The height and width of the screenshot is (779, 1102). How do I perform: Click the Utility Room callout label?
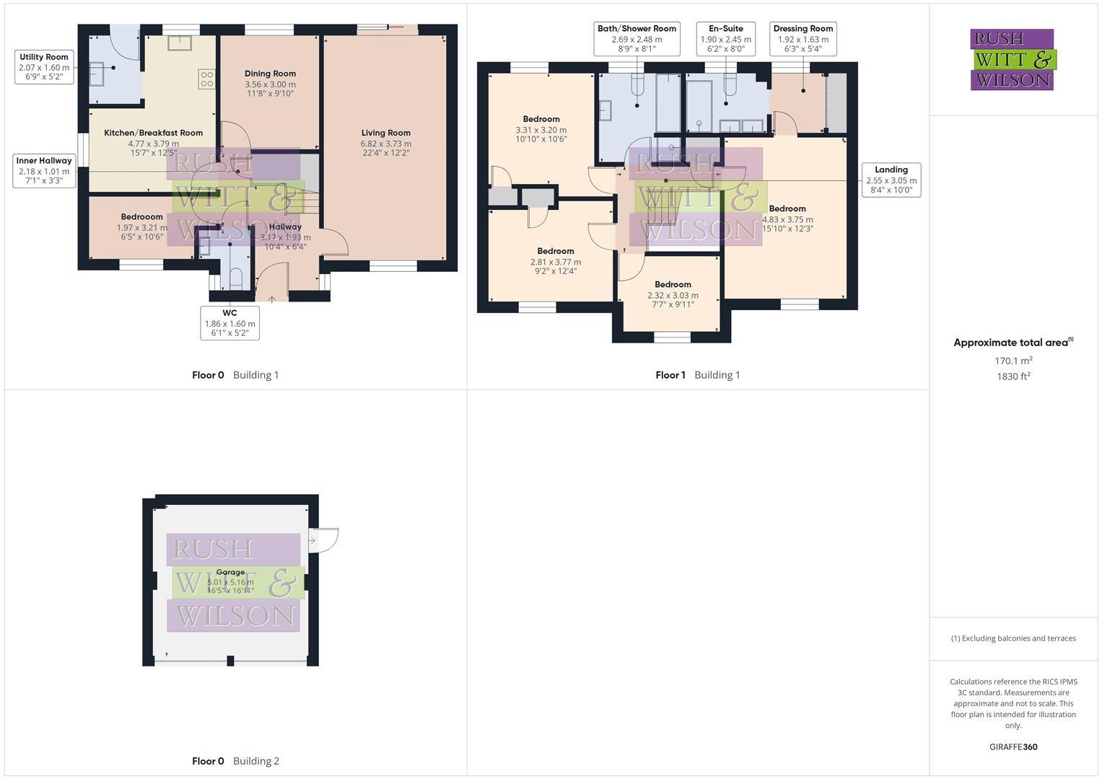[x=44, y=67]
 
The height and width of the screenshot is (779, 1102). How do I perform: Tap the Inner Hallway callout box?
[x=44, y=170]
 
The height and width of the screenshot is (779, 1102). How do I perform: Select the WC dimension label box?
[x=229, y=322]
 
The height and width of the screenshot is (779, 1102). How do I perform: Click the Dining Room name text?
[x=270, y=74]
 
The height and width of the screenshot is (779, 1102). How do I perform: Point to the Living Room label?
[x=386, y=133]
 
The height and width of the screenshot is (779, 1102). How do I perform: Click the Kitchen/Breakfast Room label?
[x=153, y=133]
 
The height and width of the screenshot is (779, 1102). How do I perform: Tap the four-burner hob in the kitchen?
[x=206, y=79]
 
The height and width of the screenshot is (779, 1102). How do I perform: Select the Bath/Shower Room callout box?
[x=637, y=39]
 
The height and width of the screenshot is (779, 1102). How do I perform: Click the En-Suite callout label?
[x=725, y=39]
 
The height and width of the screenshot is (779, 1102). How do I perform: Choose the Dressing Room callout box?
[x=803, y=39]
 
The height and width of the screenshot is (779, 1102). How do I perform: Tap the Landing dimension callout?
[x=891, y=180]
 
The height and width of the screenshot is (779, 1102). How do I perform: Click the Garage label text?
[x=230, y=572]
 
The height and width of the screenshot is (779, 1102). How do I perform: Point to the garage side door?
[x=323, y=540]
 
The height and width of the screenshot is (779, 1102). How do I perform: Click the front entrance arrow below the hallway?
[x=271, y=299]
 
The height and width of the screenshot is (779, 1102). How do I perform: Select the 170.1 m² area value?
[x=1013, y=361]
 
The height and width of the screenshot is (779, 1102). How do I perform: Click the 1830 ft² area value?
[x=1013, y=376]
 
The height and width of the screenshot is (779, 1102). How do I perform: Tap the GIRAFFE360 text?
[x=1013, y=747]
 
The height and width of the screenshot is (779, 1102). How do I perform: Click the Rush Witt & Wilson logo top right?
[x=1013, y=59]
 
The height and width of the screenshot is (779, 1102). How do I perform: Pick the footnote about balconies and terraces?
[x=1013, y=638]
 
